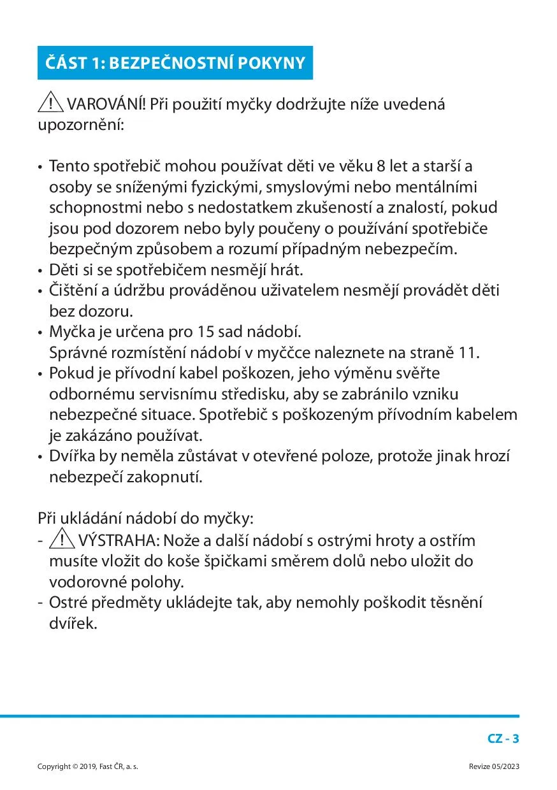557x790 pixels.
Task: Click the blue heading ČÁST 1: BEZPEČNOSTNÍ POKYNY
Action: coord(175,63)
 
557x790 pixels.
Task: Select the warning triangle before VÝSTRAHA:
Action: coord(62,540)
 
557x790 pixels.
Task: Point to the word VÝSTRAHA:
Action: coord(119,541)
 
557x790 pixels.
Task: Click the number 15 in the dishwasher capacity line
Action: coord(204,332)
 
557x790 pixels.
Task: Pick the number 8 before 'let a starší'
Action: coord(380,166)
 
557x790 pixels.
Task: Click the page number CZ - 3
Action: coord(503,739)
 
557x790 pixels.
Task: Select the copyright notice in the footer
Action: coord(88,766)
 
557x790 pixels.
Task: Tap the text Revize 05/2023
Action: coord(494,766)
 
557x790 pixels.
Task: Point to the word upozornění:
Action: coord(81,124)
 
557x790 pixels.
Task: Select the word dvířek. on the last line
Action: coord(73,622)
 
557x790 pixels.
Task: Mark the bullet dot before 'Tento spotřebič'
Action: coord(40,167)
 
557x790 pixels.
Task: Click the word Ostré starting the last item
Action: coord(68,602)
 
